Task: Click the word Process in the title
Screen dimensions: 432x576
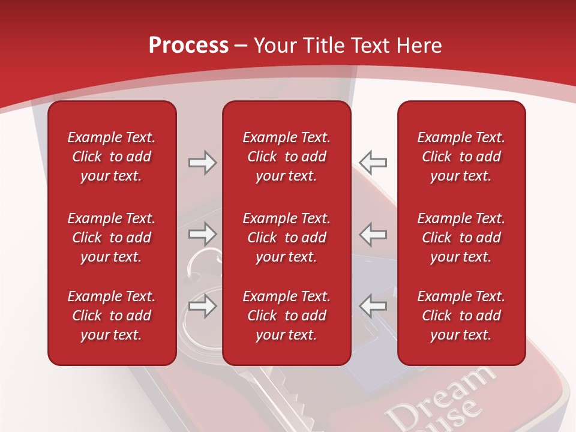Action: point(188,46)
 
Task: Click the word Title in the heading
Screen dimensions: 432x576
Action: point(322,46)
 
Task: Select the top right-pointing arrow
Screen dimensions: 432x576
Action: point(202,163)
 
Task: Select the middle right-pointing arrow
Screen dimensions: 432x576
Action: point(202,234)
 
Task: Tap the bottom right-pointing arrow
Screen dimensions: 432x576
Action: point(202,306)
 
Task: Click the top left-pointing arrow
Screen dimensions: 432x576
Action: point(373,163)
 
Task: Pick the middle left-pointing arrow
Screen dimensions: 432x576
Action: point(373,234)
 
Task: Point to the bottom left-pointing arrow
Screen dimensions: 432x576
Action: point(373,306)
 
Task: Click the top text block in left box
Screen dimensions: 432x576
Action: point(112,157)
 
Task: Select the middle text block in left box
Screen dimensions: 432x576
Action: point(112,238)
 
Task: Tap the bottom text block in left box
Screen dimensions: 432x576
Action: point(112,316)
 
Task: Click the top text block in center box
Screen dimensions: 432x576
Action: point(286,157)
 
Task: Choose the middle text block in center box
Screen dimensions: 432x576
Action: point(286,238)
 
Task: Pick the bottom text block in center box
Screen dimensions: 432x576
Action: point(286,316)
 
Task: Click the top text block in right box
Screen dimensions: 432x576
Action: point(461,157)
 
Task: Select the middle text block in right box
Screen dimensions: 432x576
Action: point(461,238)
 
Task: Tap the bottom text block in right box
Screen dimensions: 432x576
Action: point(461,316)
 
